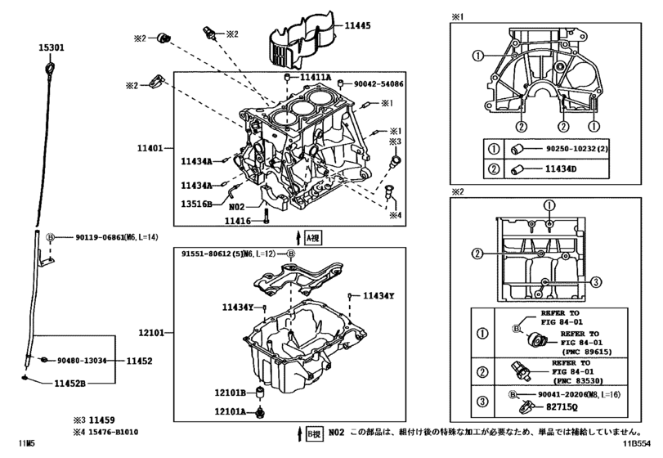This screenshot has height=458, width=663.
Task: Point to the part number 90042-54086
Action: click(x=378, y=84)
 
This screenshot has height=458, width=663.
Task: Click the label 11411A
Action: click(x=316, y=78)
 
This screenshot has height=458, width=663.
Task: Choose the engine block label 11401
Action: click(x=152, y=149)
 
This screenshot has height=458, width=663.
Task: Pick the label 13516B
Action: click(x=196, y=204)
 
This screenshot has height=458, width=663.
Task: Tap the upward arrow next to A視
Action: click(x=299, y=238)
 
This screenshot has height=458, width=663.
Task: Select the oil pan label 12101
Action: click(x=152, y=334)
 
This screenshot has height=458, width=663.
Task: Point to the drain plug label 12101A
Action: click(x=231, y=411)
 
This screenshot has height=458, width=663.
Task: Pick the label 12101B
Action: click(x=231, y=393)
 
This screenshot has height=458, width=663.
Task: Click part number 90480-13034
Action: click(x=85, y=360)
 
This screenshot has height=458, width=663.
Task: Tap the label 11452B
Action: click(x=71, y=382)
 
